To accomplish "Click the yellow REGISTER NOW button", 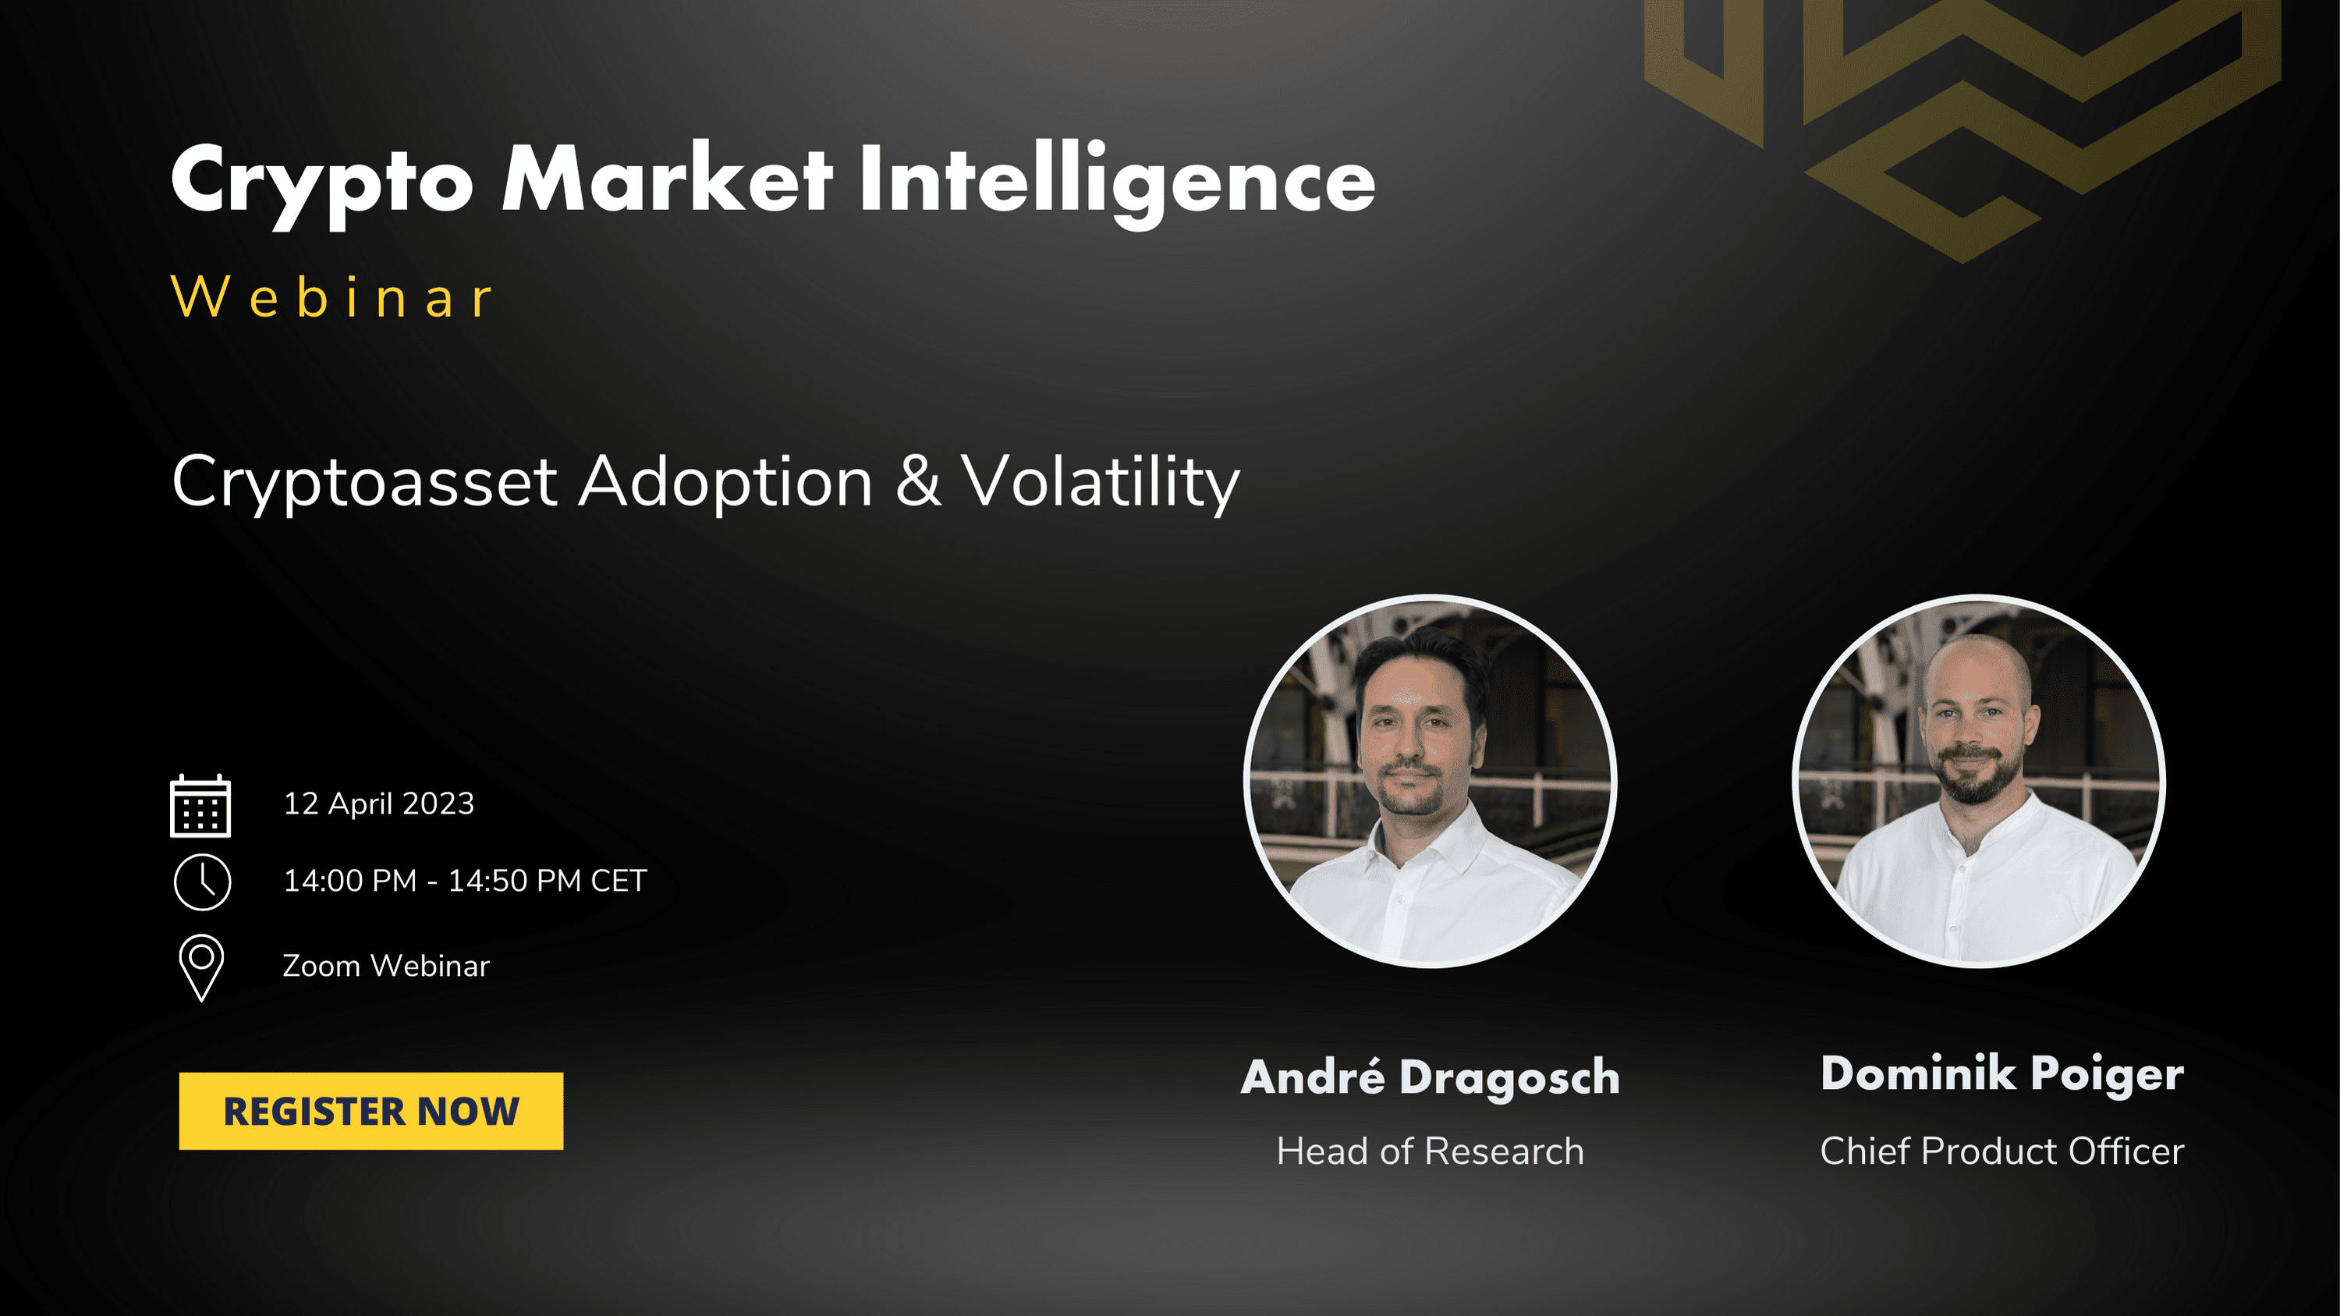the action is (x=370, y=1111).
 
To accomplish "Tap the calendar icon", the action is (x=200, y=806).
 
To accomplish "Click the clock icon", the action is (x=203, y=881).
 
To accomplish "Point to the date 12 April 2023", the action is (x=379, y=803).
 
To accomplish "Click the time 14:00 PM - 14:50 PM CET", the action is (x=465, y=881).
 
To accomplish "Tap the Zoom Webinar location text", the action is (x=386, y=966).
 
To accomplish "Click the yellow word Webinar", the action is (x=331, y=297).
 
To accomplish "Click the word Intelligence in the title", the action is (x=1117, y=182).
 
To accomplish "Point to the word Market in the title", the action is (x=667, y=178).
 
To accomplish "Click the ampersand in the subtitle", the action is (x=918, y=481).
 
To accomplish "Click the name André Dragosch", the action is (x=1431, y=1077).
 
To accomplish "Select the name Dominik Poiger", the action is (x=2002, y=1074).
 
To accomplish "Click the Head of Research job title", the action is (x=1431, y=1151).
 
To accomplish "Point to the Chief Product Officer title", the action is (x=2002, y=1151).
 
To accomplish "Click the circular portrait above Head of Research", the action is (x=1430, y=781).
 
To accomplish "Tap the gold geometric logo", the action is (x=1962, y=127).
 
